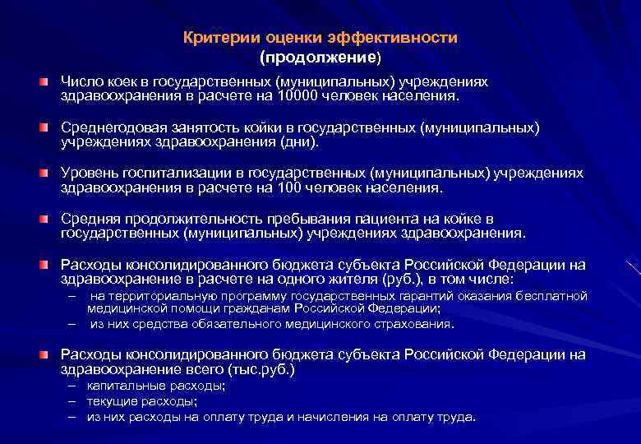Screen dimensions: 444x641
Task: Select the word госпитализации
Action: [159, 174]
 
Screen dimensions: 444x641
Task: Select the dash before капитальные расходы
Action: [72, 386]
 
